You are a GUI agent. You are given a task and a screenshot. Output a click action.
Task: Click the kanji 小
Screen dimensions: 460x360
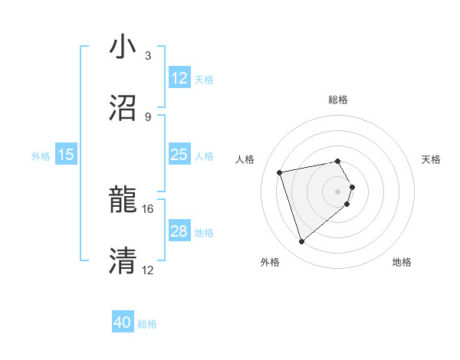click(x=123, y=47)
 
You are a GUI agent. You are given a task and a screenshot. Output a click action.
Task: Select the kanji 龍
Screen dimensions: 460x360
click(x=123, y=201)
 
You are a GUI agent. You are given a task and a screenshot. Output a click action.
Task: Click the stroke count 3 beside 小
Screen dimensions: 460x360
click(x=148, y=55)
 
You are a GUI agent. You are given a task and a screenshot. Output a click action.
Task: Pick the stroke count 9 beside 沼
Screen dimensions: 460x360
click(x=148, y=116)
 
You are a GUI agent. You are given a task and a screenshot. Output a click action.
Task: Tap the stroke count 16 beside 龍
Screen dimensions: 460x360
click(x=148, y=208)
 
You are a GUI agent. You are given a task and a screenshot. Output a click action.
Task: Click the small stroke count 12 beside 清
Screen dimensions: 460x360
click(x=148, y=270)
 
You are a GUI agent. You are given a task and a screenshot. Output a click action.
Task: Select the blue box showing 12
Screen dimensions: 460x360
click(x=179, y=78)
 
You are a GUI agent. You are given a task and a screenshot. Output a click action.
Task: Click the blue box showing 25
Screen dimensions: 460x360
click(x=179, y=155)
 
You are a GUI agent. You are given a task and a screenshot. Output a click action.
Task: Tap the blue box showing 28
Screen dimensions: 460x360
click(x=179, y=231)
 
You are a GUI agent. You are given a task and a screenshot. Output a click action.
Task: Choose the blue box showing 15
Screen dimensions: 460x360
click(x=66, y=155)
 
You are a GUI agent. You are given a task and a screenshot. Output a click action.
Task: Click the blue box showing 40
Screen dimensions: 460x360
click(x=123, y=323)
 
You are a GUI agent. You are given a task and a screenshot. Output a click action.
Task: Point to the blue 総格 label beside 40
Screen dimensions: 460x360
click(x=147, y=324)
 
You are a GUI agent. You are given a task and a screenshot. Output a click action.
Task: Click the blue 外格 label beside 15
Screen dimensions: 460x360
click(x=41, y=155)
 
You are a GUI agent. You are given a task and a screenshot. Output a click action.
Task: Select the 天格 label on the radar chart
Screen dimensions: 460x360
click(x=432, y=159)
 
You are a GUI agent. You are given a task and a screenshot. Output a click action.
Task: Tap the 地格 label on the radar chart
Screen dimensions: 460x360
click(x=402, y=262)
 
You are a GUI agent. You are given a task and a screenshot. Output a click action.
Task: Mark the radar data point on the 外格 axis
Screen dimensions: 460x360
click(x=302, y=242)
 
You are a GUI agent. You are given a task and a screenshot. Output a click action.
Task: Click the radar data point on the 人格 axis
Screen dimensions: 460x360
click(x=280, y=172)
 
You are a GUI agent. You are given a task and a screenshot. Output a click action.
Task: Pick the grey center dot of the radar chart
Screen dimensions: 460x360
click(x=337, y=191)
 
